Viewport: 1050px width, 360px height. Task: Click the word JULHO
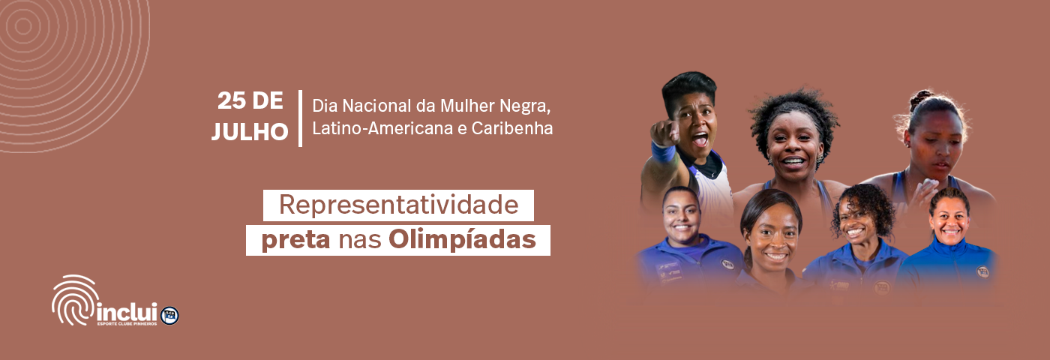point(250,132)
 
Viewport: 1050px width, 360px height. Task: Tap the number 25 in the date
point(231,100)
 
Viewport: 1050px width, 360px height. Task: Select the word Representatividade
point(399,205)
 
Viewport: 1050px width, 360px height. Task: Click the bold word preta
point(295,239)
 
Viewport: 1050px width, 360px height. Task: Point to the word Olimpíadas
point(462,239)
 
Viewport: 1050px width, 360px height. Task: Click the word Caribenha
point(512,128)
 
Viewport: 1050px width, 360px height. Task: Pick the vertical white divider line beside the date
point(301,118)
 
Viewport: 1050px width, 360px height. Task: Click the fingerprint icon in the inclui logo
point(75,300)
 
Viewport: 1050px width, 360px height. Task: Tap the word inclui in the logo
point(127,312)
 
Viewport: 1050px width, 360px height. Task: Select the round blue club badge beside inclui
point(169,316)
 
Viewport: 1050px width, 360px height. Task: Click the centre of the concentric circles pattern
point(22,27)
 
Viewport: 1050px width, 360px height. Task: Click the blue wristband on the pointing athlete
point(663,153)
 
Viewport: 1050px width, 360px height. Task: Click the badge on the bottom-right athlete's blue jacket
point(982,271)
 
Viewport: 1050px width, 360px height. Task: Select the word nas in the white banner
point(359,240)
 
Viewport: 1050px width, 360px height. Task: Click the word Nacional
point(376,106)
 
